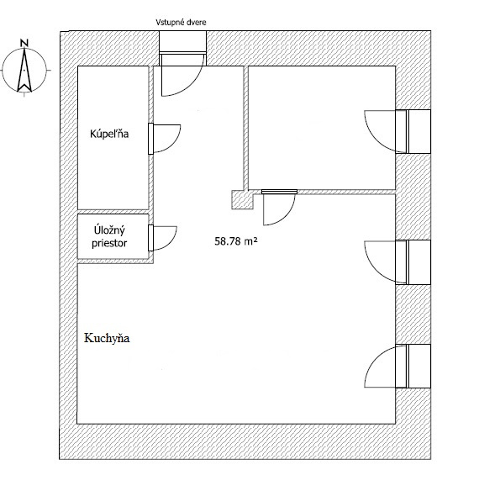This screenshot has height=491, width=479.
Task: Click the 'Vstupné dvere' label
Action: coord(181,23)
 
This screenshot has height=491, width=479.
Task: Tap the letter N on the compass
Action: coord(24,43)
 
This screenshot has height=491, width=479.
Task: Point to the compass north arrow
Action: coord(24,71)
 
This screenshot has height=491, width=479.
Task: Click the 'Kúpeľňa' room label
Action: coord(109,134)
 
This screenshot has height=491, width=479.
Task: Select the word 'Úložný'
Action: coord(109,230)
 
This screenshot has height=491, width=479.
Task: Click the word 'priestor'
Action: coord(109,243)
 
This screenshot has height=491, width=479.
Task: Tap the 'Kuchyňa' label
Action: coord(107,338)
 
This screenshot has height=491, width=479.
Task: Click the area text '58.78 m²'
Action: coord(236,241)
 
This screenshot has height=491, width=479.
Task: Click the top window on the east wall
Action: coord(413,131)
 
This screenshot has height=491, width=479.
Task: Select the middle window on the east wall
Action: coord(413,262)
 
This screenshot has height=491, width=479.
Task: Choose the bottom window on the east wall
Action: coord(413,366)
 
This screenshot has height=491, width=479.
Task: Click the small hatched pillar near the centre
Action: coord(242,200)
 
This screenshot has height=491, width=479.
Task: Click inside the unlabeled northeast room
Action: coord(322,128)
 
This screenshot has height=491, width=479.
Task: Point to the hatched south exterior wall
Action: coord(245,442)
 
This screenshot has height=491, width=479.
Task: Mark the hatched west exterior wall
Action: coord(68,245)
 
